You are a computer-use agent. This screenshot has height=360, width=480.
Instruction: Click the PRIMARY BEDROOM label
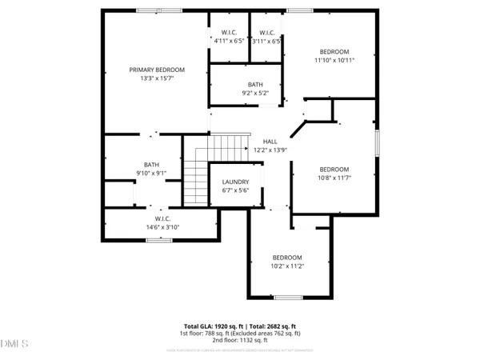[158, 70]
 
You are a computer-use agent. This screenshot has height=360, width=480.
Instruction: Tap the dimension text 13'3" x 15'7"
[158, 79]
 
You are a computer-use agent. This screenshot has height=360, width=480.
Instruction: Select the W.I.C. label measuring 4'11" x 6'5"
[229, 32]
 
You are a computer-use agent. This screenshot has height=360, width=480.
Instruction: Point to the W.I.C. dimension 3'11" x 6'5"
[266, 41]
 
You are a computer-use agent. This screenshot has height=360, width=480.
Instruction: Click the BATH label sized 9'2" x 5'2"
[254, 84]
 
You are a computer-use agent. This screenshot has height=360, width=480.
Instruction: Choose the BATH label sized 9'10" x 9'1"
[151, 165]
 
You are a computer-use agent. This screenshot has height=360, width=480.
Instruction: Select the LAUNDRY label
[235, 182]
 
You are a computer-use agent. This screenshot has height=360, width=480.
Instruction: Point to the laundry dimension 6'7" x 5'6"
[235, 190]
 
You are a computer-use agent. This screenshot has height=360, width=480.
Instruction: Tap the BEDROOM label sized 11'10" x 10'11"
[334, 50]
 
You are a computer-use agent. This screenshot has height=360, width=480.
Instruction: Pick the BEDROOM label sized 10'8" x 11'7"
[334, 169]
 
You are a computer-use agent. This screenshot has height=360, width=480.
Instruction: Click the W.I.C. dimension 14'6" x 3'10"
[162, 227]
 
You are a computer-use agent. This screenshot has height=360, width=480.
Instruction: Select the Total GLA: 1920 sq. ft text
[211, 326]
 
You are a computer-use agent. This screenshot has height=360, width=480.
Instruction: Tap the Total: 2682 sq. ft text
[271, 326]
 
